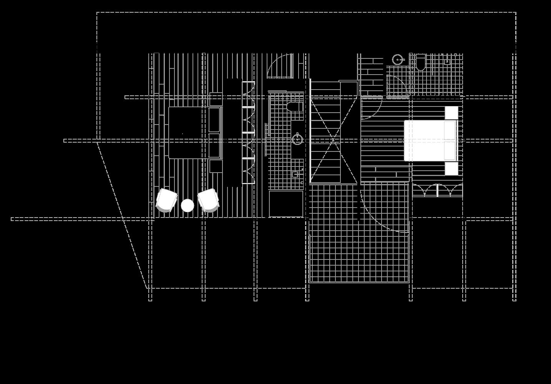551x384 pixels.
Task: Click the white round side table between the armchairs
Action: coord(188,206)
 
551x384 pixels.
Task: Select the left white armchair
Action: coord(166,200)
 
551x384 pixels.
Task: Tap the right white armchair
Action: coord(208,200)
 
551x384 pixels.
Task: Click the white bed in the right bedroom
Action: coord(430,140)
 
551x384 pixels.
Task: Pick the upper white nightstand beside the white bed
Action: coord(451,113)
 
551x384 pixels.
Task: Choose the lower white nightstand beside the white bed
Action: coord(451,168)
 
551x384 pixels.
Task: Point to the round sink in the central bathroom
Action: coord(297,139)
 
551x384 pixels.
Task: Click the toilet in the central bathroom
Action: coord(295,106)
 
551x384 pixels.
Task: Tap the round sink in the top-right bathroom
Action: coord(398,60)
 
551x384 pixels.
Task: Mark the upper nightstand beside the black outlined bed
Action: coord(216,99)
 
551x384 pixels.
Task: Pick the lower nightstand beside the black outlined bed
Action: coord(216,166)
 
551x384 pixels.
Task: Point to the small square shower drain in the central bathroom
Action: coord(295,174)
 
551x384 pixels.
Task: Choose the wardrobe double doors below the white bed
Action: coord(437,190)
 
